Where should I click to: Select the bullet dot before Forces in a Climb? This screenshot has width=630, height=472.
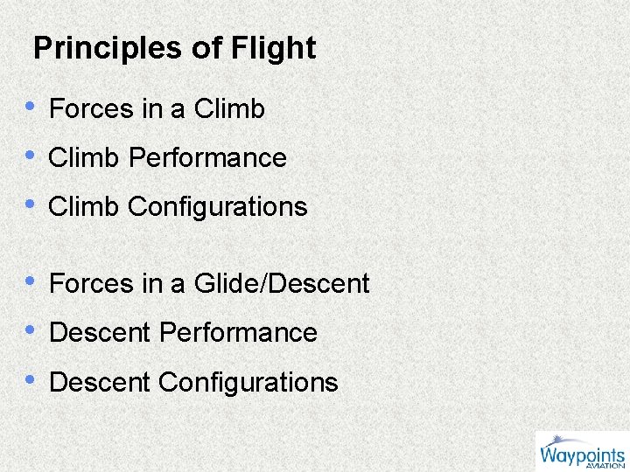tap(31, 106)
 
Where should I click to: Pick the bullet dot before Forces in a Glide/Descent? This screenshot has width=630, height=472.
tap(31, 281)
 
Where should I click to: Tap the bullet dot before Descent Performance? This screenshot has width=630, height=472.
tap(31, 330)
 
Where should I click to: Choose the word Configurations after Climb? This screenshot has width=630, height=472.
tap(218, 207)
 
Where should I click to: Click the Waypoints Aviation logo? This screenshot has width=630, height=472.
tap(581, 451)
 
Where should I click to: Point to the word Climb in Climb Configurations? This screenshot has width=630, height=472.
tap(84, 207)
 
